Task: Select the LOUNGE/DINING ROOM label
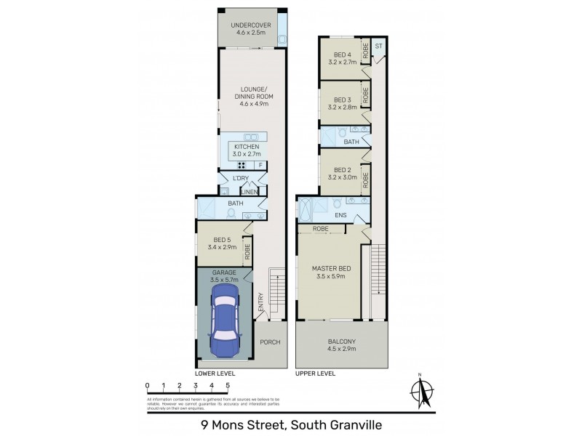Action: [249, 96]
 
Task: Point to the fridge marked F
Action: [259, 166]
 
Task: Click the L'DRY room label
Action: [240, 179]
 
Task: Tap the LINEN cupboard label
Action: [250, 192]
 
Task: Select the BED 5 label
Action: [223, 240]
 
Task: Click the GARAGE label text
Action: [224, 272]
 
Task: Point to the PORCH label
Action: [270, 342]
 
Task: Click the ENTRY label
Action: [260, 303]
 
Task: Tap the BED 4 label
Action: [343, 55]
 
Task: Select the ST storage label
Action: [378, 47]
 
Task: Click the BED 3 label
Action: [343, 100]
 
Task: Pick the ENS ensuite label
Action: [339, 216]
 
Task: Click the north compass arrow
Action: [420, 390]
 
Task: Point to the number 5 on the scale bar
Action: [228, 385]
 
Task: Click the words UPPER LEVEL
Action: [315, 374]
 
